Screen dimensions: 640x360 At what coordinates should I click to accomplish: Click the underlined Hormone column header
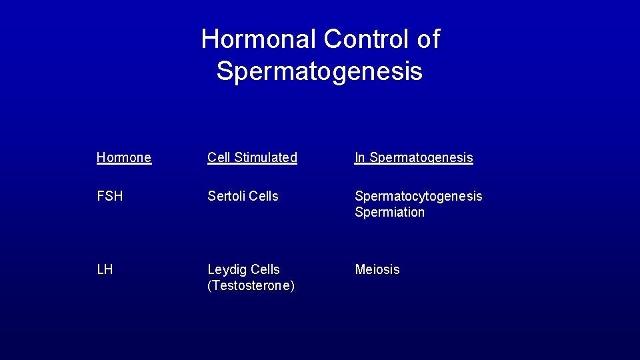pyautogui.click(x=124, y=158)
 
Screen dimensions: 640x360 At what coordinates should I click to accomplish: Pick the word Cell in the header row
pyautogui.click(x=219, y=158)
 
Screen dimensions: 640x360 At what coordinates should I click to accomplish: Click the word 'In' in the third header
pyautogui.click(x=360, y=158)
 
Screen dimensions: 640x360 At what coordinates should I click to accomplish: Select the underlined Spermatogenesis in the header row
pyautogui.click(x=421, y=158)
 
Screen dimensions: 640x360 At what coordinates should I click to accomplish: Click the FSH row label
pyautogui.click(x=110, y=197)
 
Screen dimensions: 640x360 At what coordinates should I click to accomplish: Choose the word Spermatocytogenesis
pyautogui.click(x=419, y=197)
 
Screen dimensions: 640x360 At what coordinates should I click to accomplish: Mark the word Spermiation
pyautogui.click(x=390, y=213)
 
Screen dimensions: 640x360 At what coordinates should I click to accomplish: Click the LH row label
pyautogui.click(x=105, y=270)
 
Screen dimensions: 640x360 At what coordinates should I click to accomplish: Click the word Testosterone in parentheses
pyautogui.click(x=251, y=286)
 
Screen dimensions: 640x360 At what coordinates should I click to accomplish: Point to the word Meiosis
pyautogui.click(x=377, y=270)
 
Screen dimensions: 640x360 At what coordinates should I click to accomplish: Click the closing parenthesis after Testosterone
pyautogui.click(x=293, y=286)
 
